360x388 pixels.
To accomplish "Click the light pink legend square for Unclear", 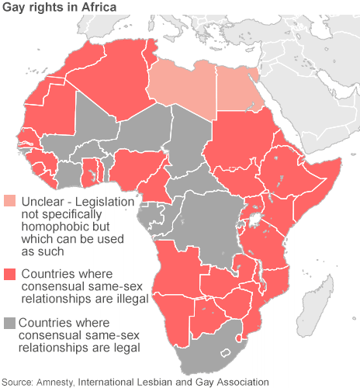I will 10,202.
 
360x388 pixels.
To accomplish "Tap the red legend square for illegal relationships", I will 10,274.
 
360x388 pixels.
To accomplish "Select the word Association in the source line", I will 240,382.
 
